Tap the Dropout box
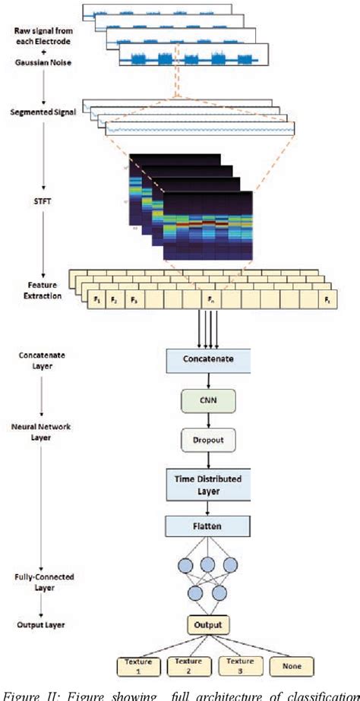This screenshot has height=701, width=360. [204, 440]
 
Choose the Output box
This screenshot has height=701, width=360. [204, 625]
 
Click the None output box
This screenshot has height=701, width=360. [290, 666]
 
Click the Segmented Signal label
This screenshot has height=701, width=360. [43, 112]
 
